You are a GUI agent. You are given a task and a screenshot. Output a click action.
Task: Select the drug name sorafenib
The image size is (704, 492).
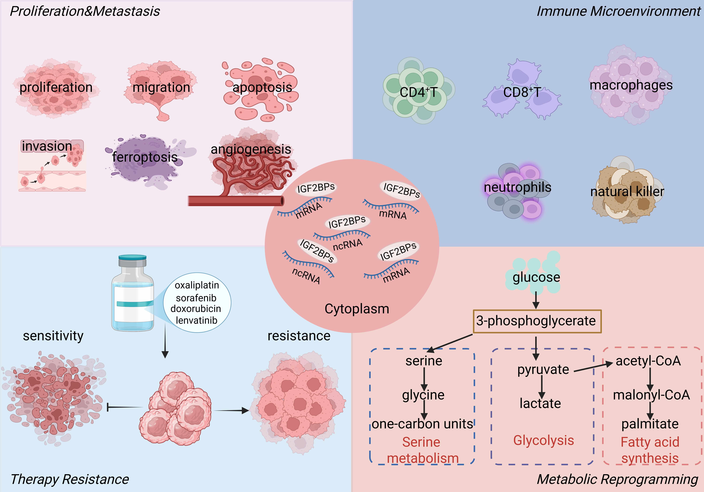(x=196, y=298)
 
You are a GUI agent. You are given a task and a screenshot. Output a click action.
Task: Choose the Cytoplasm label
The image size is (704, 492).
(x=357, y=309)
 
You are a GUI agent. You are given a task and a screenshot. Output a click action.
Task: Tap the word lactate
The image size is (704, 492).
(x=540, y=404)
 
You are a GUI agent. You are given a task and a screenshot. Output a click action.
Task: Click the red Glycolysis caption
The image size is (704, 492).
(x=543, y=440)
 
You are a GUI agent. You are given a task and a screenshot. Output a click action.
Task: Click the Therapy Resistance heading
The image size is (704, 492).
(x=70, y=479)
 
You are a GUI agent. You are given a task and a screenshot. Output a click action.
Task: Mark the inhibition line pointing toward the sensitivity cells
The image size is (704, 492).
(x=124, y=407)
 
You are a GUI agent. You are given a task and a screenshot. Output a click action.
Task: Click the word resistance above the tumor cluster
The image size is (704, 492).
(x=299, y=336)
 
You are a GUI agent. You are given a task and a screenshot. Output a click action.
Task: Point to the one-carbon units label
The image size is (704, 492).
(x=423, y=424)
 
